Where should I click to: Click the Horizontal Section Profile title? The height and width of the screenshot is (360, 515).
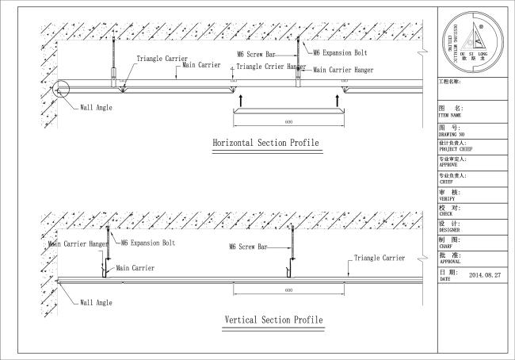pyautogui.click(x=265, y=144)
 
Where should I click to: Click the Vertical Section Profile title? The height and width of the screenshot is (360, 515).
pyautogui.click(x=273, y=320)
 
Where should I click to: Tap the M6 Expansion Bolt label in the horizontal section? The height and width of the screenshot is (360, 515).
pyautogui.click(x=338, y=53)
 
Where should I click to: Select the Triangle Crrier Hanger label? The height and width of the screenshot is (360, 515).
pyautogui.click(x=272, y=67)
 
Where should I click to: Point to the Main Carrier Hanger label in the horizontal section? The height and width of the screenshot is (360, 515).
pyautogui.click(x=343, y=71)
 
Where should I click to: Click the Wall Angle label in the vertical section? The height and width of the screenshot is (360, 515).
pyautogui.click(x=96, y=303)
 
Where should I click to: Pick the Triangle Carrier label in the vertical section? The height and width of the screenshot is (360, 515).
pyautogui.click(x=379, y=259)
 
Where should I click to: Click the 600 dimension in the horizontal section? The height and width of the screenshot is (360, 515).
pyautogui.click(x=288, y=122)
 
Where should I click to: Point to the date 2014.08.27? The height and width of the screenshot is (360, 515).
pyautogui.click(x=486, y=275)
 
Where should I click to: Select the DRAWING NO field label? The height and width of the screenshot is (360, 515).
pyautogui.click(x=452, y=135)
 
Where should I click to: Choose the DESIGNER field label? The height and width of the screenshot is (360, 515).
pyautogui.click(x=451, y=230)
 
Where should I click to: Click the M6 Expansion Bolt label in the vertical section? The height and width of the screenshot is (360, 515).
pyautogui.click(x=148, y=243)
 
